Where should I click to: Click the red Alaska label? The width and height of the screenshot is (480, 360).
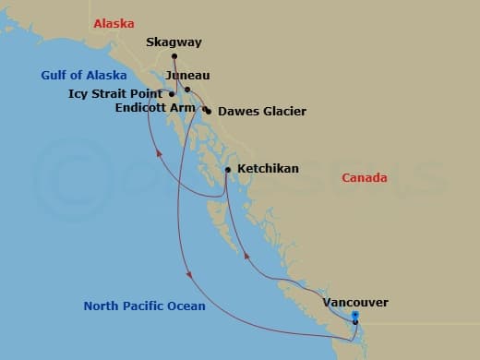tap(114, 22)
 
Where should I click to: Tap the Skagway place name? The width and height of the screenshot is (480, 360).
tap(174, 42)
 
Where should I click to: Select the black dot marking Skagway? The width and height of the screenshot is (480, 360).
tap(174, 56)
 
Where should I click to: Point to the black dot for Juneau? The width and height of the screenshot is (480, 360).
tap(186, 90)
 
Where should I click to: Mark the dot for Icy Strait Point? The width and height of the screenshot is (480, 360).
tap(172, 94)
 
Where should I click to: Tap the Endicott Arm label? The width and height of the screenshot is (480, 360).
tap(156, 107)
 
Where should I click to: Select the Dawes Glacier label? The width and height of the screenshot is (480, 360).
tap(262, 112)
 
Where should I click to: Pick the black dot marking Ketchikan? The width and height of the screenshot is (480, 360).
tap(228, 170)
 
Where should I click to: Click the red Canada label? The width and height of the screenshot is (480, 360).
tap(365, 177)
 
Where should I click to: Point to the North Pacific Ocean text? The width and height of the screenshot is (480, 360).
tap(144, 306)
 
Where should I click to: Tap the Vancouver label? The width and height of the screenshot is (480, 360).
tap(355, 302)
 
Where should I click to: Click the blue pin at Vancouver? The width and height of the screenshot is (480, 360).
tap(355, 317)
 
